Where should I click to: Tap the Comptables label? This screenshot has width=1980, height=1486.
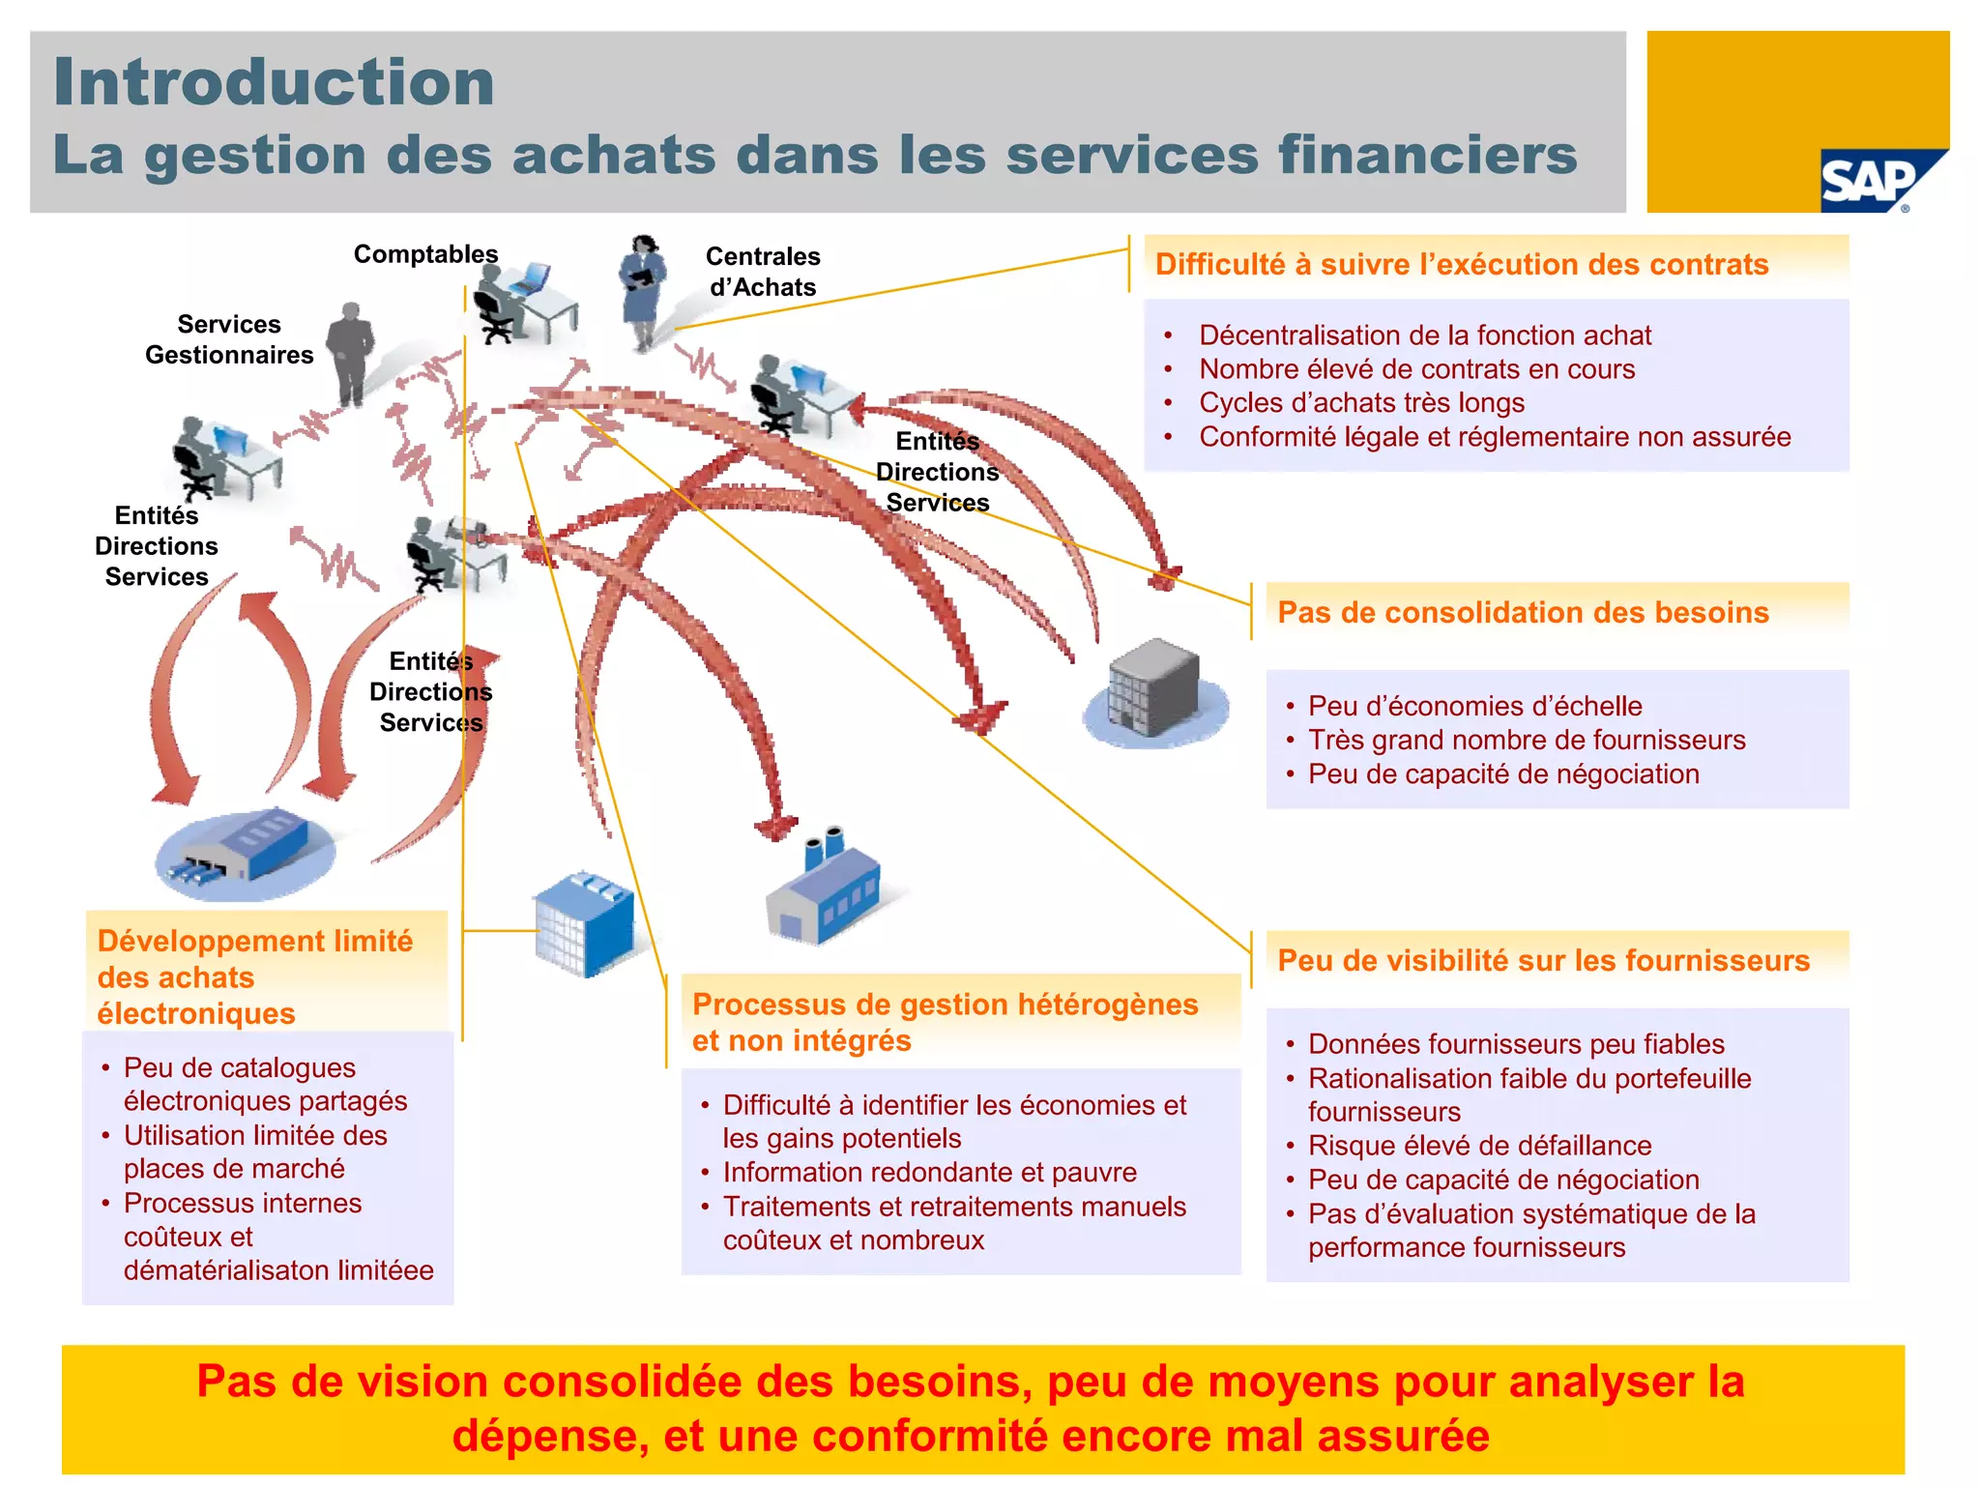425,254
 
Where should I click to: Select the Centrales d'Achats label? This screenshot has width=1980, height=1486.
763,272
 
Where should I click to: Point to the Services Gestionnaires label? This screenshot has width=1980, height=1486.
229,339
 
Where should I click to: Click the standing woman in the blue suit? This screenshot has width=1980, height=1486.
643,290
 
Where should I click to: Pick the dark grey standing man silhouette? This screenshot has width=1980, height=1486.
350,353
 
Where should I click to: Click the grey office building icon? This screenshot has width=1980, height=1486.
1155,687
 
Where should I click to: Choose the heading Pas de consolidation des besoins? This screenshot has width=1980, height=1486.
1523,613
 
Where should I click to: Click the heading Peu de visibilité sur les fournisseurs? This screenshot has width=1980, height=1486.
1543,961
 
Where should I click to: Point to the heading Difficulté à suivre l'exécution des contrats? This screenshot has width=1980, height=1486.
1462,265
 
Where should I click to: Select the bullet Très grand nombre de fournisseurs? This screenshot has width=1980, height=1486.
1527,741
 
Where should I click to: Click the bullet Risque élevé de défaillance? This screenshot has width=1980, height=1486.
1479,1146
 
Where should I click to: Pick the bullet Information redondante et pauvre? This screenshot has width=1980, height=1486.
929,1173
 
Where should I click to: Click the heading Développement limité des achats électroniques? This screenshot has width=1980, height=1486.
255,976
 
